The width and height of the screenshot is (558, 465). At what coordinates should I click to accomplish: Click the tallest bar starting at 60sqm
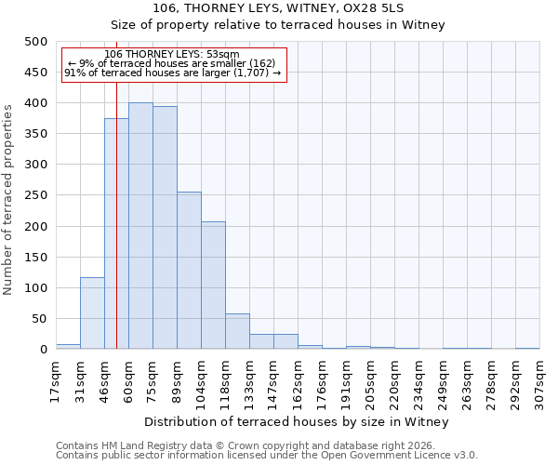point(140,226)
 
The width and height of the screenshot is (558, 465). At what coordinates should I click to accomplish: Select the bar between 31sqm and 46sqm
point(92,313)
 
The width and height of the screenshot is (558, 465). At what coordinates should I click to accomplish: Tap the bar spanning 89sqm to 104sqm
point(189,271)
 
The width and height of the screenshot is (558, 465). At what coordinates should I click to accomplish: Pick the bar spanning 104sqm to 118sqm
point(213,286)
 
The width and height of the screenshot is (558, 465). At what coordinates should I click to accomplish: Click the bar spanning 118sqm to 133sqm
point(237,332)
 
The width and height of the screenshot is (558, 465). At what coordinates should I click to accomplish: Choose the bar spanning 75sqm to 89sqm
point(165,228)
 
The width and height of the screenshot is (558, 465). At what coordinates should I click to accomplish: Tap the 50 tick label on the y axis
point(39,319)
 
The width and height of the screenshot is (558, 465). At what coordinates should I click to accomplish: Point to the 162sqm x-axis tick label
point(298,381)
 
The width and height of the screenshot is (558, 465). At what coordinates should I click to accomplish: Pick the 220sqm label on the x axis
point(394,381)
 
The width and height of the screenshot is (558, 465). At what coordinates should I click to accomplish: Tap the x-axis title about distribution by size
point(298,422)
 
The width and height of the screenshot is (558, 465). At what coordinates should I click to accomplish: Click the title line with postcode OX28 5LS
point(278,8)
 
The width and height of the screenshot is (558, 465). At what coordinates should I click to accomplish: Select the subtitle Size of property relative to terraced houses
point(278,25)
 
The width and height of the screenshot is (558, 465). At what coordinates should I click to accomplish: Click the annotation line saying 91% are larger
point(172,73)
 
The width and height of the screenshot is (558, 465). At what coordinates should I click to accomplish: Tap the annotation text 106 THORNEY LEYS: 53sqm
point(172,54)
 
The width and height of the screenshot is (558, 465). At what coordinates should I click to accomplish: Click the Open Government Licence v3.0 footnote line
point(267,455)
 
